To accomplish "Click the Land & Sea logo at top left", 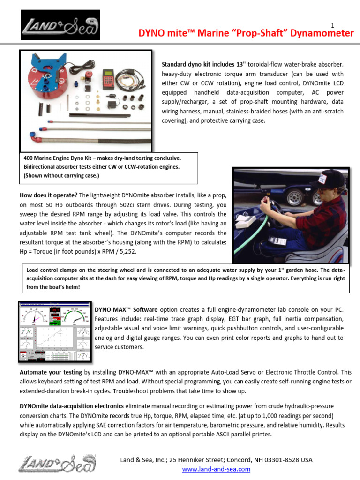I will tap(60, 26).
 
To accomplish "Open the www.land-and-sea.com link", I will tap(216, 469).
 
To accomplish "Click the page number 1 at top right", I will tap(332, 25).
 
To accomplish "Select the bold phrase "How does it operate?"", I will tap(48, 195).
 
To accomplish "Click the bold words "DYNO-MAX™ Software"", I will tap(126, 310).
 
